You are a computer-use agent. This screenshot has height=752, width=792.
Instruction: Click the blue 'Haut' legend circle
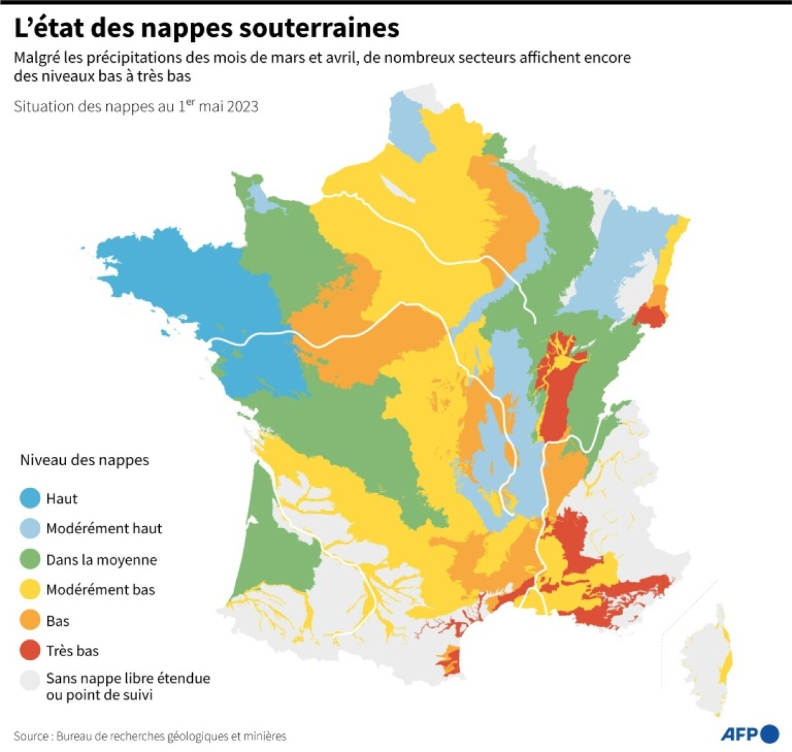coord(30,498)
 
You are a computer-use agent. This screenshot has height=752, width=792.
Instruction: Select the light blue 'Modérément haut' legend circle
coord(30,529)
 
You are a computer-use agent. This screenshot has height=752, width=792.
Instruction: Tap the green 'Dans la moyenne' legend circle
coord(30,559)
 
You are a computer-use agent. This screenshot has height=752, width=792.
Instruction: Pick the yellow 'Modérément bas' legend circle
coord(30,590)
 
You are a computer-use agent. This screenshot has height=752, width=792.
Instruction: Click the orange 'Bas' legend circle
coord(30,621)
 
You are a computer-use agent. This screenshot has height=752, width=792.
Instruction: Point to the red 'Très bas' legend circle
coord(30,650)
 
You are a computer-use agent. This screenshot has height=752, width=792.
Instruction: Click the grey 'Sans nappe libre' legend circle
coord(30,680)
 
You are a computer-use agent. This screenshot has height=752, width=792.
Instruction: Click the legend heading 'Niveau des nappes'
coord(84,460)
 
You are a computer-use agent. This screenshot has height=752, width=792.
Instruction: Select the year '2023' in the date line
coord(243,107)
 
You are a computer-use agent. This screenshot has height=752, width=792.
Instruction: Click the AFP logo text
coord(739,734)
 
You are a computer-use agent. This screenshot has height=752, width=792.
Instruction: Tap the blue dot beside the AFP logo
coord(770,734)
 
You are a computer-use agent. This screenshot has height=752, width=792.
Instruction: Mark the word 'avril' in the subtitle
coord(340,58)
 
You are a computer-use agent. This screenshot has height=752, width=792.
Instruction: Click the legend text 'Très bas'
coord(72,651)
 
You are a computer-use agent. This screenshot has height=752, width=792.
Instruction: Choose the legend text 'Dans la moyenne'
coord(102,560)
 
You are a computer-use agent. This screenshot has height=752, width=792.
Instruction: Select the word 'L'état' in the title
coord(48,28)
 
